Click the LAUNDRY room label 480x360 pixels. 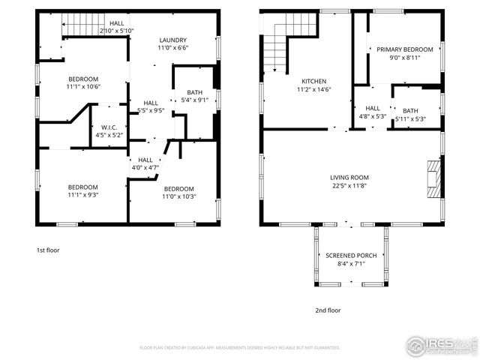coord(172,40)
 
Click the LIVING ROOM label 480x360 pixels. coord(349,178)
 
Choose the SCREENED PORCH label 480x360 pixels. coord(351,256)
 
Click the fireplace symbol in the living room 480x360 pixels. coord(433,178)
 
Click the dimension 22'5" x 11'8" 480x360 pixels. coord(349,187)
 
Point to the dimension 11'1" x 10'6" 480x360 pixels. coord(83,87)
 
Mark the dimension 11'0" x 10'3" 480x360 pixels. coord(179,197)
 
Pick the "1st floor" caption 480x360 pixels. coord(47,250)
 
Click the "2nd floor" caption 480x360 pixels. coord(327,310)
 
